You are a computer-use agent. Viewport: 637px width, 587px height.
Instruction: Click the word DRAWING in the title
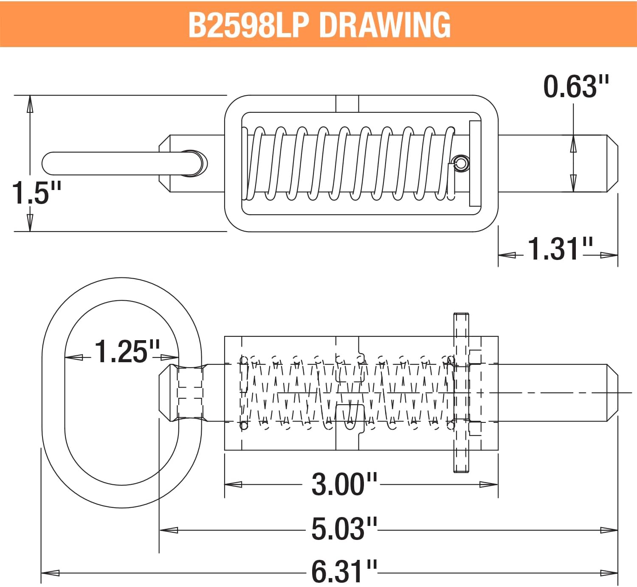(384, 25)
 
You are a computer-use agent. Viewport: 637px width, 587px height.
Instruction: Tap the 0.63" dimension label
(575, 87)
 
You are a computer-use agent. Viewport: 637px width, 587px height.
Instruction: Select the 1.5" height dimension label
(36, 193)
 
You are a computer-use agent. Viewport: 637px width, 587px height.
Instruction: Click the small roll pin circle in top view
(461, 163)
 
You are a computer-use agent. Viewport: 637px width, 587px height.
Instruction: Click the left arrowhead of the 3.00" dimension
(233, 484)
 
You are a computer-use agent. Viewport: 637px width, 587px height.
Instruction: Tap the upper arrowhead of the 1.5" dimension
(30, 104)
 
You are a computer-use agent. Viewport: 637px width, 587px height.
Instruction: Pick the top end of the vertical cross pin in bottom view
(461, 316)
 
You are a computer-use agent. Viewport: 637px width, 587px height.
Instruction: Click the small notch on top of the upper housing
(347, 103)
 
